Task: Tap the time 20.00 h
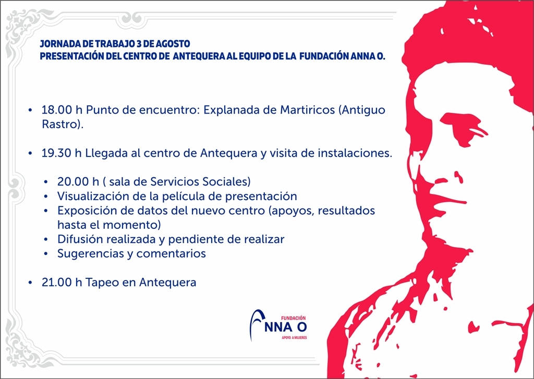point(78,182)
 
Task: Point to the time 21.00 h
point(62,283)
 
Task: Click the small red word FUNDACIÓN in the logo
point(293,317)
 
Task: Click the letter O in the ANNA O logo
point(302,327)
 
